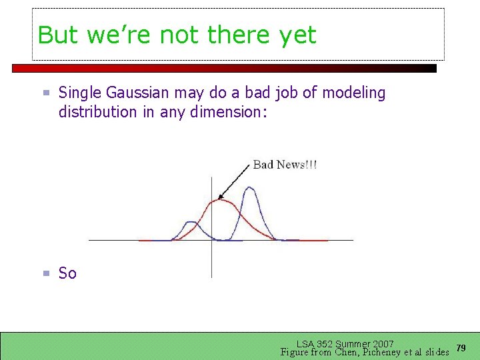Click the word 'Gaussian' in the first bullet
coord(135,93)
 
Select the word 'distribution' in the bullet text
coord(97,112)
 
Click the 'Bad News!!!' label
coord(285,165)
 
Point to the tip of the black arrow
coord(219,199)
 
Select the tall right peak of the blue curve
coord(250,188)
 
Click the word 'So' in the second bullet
coord(67,273)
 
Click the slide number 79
coord(461,348)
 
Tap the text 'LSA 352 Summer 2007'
coord(345,344)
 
